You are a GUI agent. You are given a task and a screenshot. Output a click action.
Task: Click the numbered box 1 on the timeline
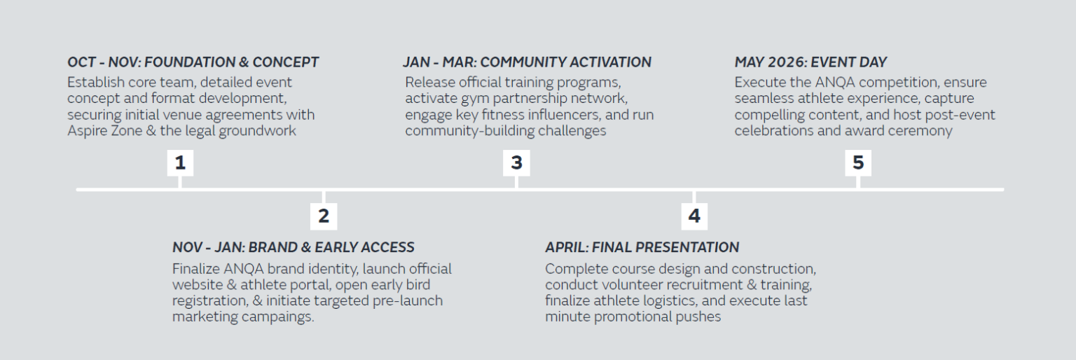[180, 162]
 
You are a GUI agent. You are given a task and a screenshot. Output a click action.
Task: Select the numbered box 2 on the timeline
[323, 216]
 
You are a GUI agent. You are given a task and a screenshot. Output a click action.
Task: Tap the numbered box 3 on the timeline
[516, 162]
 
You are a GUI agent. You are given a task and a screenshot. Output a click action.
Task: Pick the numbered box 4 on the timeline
[694, 216]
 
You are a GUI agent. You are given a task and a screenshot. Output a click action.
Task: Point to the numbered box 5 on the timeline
[858, 162]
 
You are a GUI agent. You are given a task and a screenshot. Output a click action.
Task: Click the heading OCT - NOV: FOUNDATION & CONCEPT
[193, 62]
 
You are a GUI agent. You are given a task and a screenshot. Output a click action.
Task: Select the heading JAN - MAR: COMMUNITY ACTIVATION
[527, 62]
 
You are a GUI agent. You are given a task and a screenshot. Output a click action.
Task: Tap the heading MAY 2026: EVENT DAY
[811, 62]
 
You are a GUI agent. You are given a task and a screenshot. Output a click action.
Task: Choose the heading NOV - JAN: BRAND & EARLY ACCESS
[293, 247]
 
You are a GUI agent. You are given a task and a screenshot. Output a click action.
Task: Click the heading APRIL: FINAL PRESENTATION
[642, 247]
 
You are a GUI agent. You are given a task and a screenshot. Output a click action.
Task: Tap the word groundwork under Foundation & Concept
[258, 131]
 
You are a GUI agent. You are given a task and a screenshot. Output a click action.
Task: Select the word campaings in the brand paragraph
[277, 317]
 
